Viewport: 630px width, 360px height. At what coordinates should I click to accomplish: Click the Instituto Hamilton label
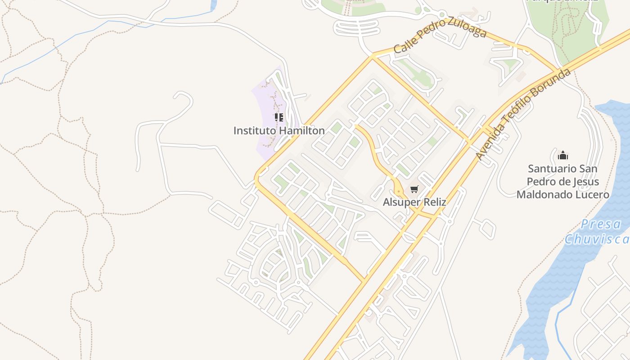pyautogui.click(x=279, y=130)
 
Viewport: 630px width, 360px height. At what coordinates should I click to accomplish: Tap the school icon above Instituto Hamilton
pyautogui.click(x=279, y=118)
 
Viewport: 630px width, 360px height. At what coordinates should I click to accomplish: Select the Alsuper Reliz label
pyautogui.click(x=414, y=202)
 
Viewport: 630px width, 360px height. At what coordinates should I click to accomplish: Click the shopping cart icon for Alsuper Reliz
pyautogui.click(x=414, y=189)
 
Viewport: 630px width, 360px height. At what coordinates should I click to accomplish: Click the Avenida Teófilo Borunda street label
pyautogui.click(x=523, y=114)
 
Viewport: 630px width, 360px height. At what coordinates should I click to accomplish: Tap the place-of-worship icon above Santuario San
pyautogui.click(x=562, y=156)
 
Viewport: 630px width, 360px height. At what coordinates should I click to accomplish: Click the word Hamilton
pyautogui.click(x=302, y=130)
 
